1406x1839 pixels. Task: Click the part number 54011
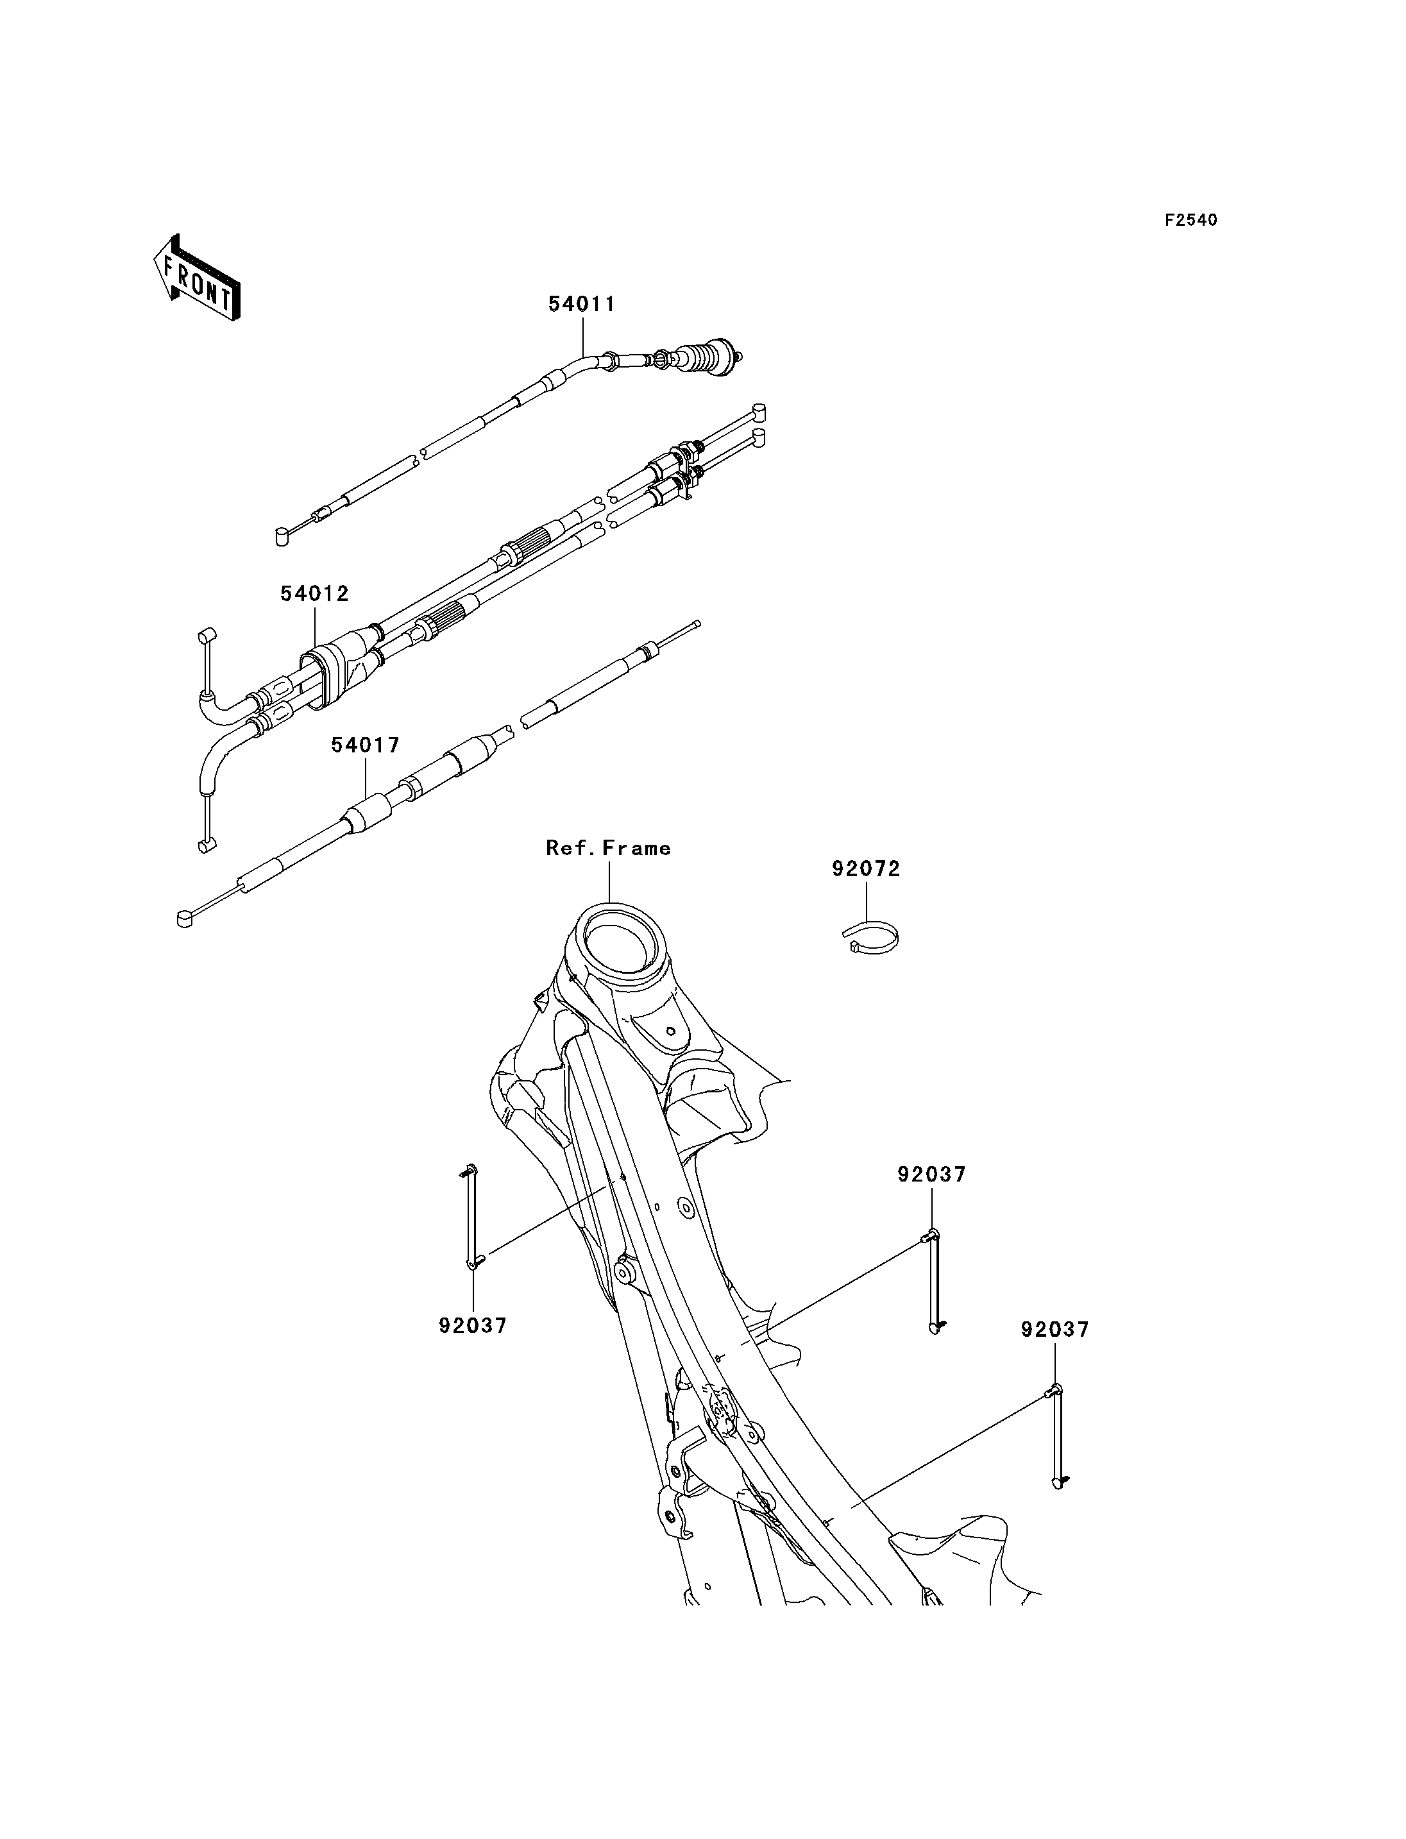pos(582,305)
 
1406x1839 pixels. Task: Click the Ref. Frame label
pos(609,848)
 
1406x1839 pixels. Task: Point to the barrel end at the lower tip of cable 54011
pos(282,536)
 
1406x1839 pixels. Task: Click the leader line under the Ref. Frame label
pos(609,881)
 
